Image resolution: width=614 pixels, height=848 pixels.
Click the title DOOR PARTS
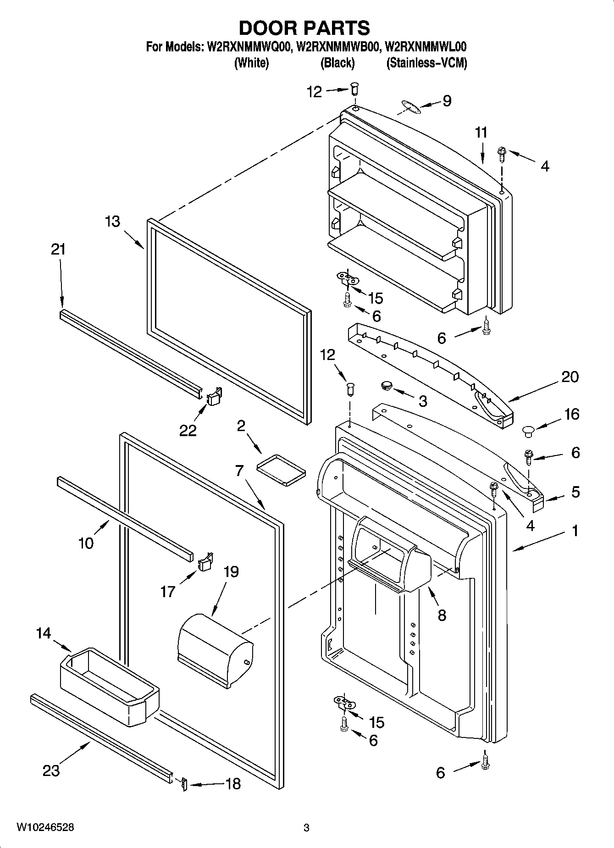pos(304,28)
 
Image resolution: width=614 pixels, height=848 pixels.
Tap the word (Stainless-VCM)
pos(426,63)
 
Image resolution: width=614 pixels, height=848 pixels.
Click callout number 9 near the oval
pos(447,100)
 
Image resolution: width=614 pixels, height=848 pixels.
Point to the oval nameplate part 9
pos(409,106)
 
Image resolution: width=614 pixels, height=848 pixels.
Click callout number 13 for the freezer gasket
pos(112,222)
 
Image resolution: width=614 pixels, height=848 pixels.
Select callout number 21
pos(58,250)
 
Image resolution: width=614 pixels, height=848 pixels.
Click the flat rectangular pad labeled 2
pos(280,469)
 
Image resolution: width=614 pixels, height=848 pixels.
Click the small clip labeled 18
pos(184,784)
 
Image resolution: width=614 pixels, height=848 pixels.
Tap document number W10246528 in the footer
pos(45,827)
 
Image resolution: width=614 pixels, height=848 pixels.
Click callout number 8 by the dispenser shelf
pos(442,615)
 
